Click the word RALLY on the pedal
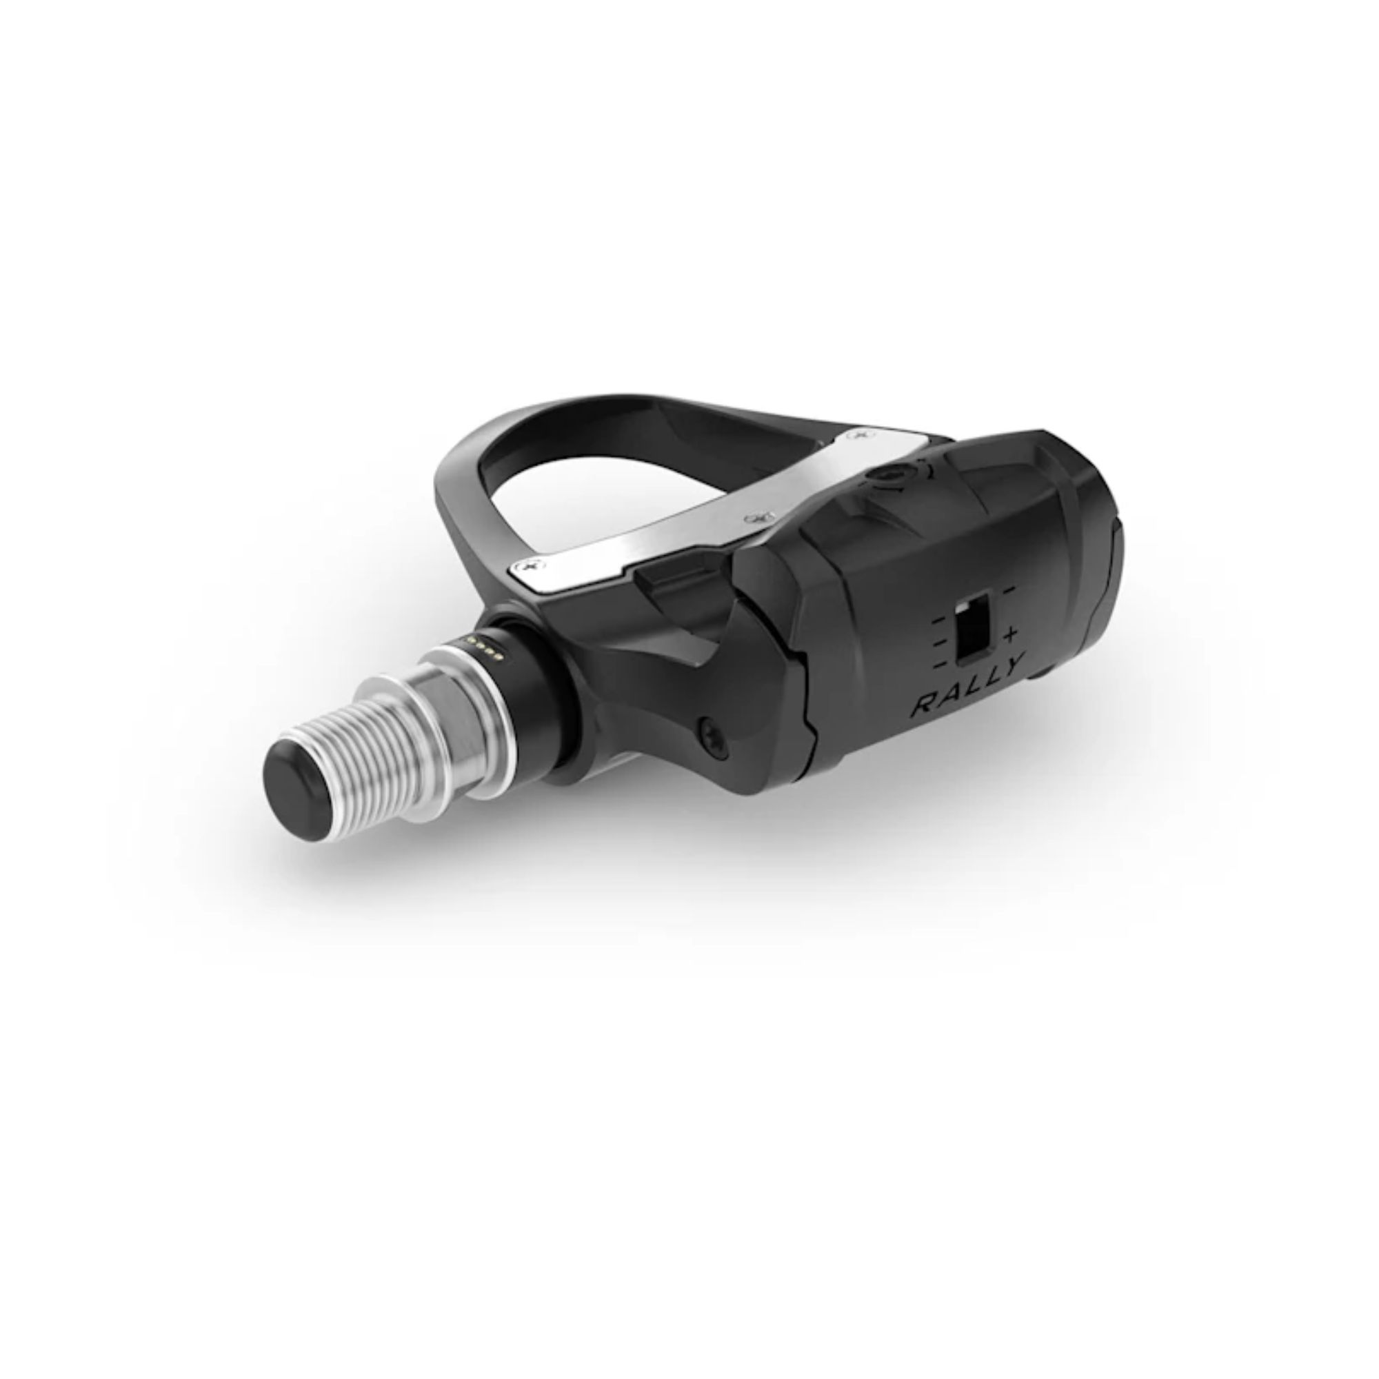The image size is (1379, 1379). click(969, 682)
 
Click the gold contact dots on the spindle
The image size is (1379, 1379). click(489, 647)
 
